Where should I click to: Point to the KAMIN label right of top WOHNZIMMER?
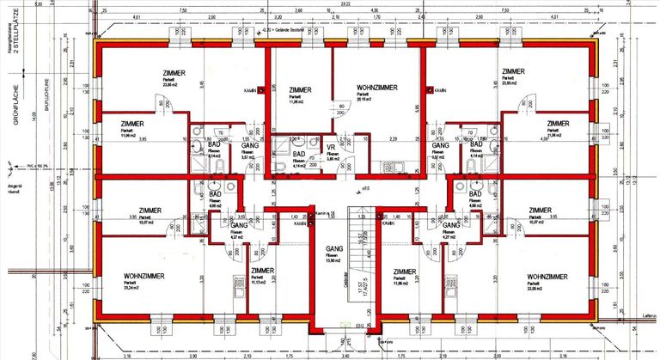point(439,90)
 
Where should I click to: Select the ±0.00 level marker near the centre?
point(364,188)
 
